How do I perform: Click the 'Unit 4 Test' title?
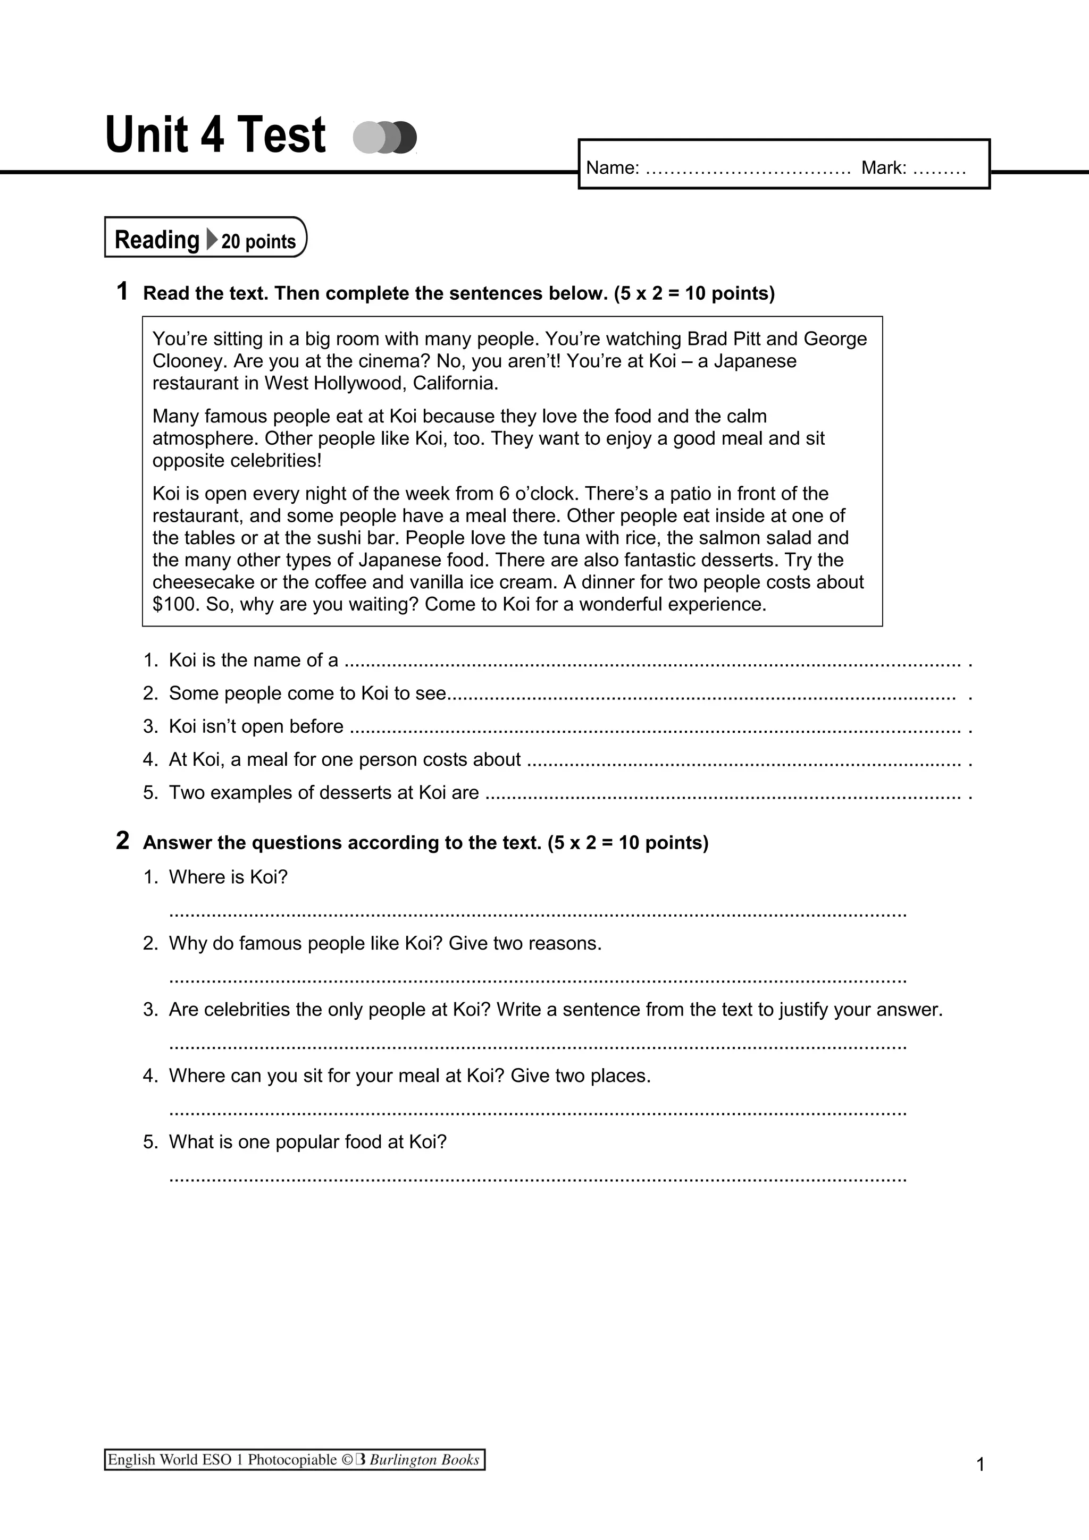click(215, 135)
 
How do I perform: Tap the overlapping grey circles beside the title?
click(384, 138)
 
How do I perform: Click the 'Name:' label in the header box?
click(613, 168)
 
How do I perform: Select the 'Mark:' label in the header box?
click(884, 168)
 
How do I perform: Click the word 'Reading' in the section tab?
click(157, 240)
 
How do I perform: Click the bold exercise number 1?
click(122, 291)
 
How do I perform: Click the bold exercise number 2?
click(122, 841)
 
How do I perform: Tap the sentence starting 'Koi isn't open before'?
click(256, 726)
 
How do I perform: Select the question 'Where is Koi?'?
click(228, 877)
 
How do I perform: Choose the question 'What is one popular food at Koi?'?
click(307, 1141)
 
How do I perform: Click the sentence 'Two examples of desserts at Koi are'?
click(323, 793)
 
